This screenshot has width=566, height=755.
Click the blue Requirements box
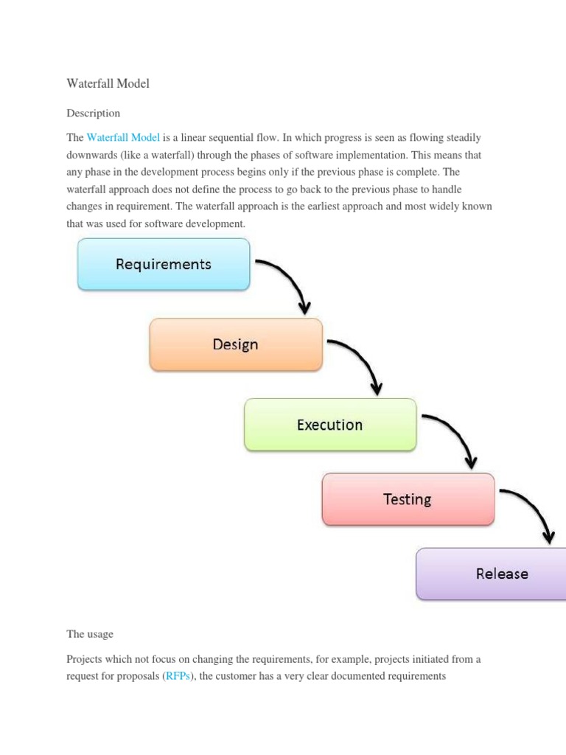tap(164, 264)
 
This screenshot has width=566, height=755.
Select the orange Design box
tap(236, 344)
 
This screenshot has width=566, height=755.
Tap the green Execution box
tap(329, 425)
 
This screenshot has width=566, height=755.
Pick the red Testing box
tap(408, 499)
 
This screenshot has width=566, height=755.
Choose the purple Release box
tap(490, 574)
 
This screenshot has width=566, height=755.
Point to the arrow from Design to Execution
tap(363, 361)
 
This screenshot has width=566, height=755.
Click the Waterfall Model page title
tap(108, 84)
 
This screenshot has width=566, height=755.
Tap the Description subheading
tap(93, 114)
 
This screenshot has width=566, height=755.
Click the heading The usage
tap(90, 634)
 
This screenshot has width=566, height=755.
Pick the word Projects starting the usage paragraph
tap(85, 658)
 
